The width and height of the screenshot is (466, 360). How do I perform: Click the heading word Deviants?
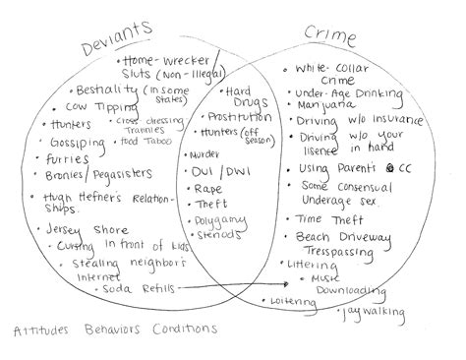click(121, 23)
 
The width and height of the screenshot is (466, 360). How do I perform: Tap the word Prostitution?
click(240, 119)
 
